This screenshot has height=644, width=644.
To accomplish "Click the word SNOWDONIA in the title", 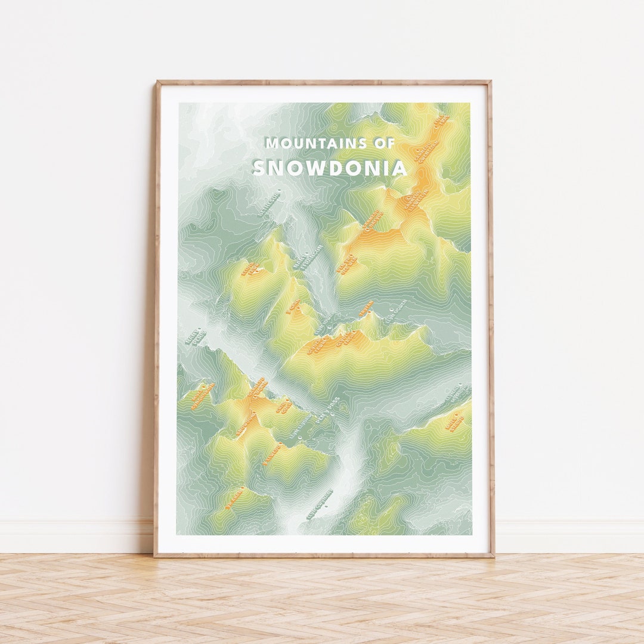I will (x=330, y=168).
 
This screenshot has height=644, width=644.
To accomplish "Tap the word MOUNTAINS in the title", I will (x=314, y=143).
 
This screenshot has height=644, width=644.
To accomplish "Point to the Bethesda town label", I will (x=269, y=202).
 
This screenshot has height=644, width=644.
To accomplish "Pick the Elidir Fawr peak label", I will (x=250, y=269).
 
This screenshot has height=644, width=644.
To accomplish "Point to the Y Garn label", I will (x=293, y=306).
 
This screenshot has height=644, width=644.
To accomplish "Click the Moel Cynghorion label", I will (x=202, y=395).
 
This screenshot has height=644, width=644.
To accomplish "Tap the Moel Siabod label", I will (x=454, y=422).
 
